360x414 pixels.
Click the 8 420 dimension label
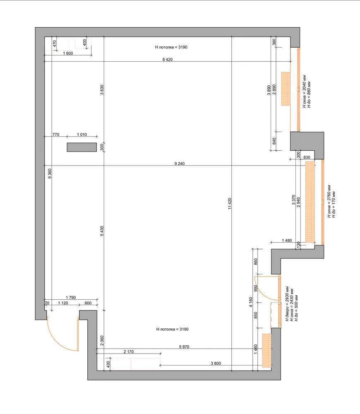168,59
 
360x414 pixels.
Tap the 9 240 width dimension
180,164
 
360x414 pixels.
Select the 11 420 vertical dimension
230,204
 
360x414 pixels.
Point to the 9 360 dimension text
50,173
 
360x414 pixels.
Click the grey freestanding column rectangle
82,147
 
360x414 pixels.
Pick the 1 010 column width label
82,135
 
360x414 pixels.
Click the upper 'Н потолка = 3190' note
171,47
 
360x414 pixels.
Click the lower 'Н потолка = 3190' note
173,329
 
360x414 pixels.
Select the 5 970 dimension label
184,347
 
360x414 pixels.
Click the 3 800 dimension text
216,363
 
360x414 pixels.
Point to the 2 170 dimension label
129,351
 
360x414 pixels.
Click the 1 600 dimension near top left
68,53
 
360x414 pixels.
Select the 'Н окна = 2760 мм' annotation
329,201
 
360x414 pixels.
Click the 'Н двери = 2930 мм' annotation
288,303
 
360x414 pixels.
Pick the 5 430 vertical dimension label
102,231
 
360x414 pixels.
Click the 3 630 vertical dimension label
102,90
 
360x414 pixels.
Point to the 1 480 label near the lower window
287,240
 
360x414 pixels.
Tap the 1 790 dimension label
71,298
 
